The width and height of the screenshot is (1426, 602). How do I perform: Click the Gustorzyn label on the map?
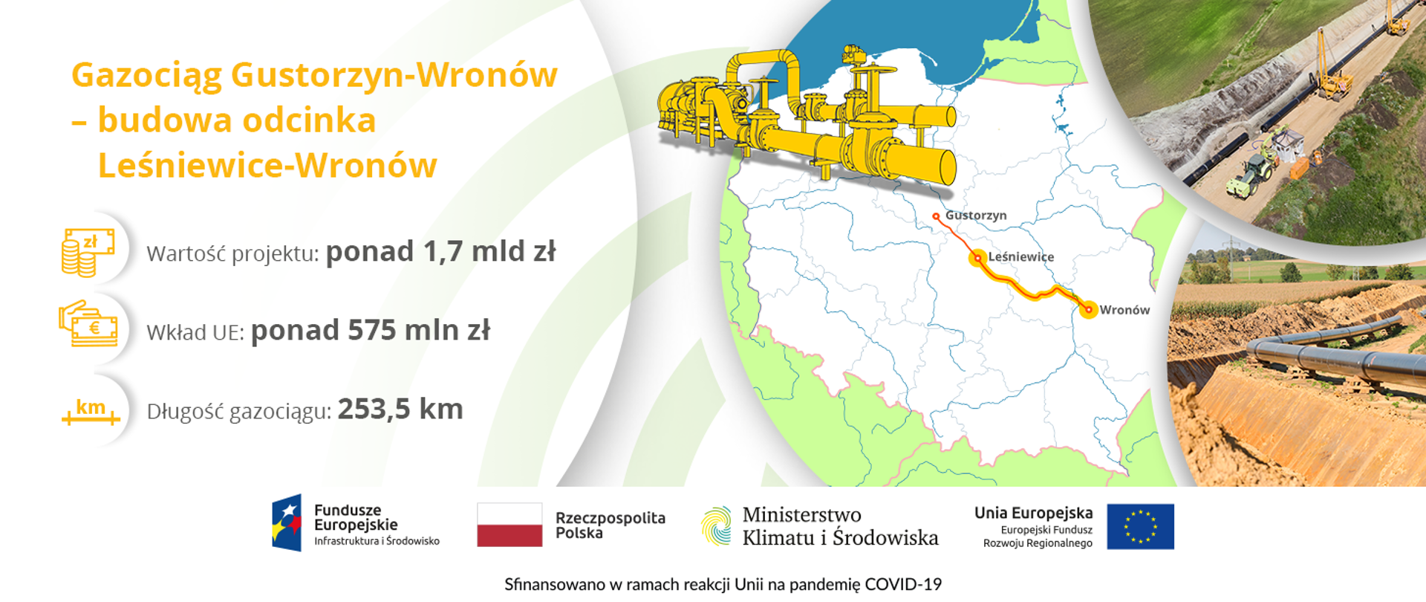coord(975,216)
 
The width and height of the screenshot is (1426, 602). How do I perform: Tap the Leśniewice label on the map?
coord(1020,257)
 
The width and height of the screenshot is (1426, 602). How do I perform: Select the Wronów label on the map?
coord(1124,310)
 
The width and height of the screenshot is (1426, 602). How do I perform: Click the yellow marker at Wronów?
coord(1088,309)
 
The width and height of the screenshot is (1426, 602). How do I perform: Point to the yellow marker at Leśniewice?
coord(977,258)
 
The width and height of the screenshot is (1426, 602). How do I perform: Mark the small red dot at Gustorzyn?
coord(936,216)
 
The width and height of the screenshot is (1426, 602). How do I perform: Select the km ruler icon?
coord(91,410)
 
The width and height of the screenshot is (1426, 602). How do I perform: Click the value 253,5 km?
coord(400,410)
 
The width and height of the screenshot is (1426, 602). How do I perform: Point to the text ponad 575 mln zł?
coord(370,331)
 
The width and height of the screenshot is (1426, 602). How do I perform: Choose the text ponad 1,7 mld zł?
coord(440,252)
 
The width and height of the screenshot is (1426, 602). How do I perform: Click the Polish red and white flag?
coord(509,525)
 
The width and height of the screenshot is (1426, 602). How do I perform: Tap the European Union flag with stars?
coord(1140,526)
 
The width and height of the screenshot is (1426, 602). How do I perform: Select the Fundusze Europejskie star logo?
coord(287,523)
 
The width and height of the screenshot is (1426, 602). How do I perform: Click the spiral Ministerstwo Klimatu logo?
coord(717,525)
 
